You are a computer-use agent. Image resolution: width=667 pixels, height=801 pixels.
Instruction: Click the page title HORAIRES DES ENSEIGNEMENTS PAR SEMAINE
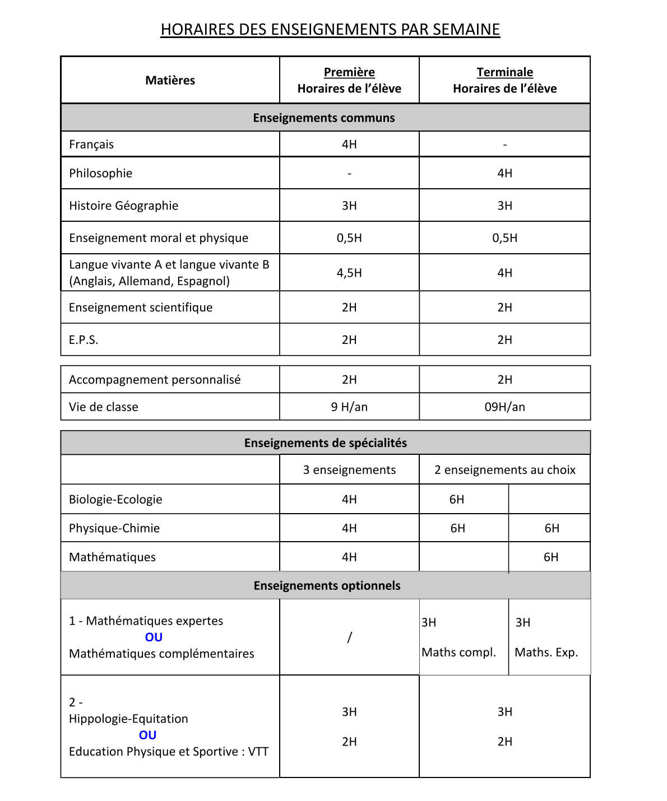[x=330, y=30]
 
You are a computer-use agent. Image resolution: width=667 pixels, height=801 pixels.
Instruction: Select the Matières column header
[x=170, y=80]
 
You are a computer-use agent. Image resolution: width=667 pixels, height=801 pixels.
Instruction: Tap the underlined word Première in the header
[x=349, y=72]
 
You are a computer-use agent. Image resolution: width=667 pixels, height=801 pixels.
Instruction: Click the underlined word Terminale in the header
[x=504, y=72]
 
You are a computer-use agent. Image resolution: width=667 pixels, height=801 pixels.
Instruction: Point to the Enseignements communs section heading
[x=324, y=118]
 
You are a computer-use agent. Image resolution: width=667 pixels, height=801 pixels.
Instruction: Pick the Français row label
[x=91, y=145]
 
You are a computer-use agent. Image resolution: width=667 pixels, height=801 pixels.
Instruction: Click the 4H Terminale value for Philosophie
[x=504, y=173]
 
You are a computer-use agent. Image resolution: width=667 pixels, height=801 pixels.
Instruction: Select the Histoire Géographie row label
[x=123, y=206]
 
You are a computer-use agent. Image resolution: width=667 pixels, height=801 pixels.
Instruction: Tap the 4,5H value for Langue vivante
[x=349, y=273]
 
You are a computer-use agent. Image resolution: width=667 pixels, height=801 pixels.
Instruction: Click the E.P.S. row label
[x=84, y=340]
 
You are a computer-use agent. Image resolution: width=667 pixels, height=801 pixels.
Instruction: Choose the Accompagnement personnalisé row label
[x=155, y=380]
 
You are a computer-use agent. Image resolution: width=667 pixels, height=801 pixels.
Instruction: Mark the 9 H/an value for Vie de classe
[x=349, y=407]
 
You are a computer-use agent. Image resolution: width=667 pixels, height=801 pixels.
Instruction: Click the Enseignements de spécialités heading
[x=326, y=443]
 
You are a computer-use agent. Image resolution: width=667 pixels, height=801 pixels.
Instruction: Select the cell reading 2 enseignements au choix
[x=504, y=470]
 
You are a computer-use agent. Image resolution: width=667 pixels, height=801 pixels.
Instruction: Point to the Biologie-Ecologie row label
[x=115, y=500]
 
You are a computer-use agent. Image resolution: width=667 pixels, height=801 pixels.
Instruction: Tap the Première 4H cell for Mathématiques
[x=349, y=557]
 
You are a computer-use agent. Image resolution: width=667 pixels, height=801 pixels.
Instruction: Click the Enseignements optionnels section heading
[x=327, y=586]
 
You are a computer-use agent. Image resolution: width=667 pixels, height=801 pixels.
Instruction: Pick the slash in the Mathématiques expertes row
[x=349, y=637]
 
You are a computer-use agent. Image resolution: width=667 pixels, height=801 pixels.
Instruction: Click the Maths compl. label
[x=458, y=653]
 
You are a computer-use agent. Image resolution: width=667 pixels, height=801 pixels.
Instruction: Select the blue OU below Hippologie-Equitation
[x=147, y=735]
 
